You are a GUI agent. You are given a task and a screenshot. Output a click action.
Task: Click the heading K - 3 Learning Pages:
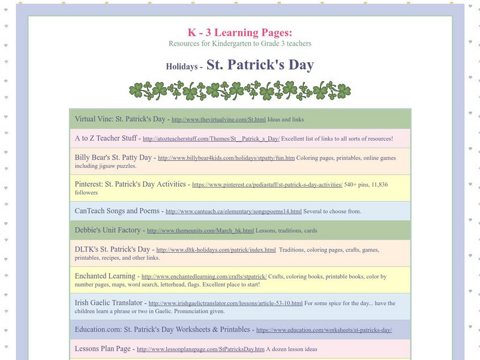tap(240, 32)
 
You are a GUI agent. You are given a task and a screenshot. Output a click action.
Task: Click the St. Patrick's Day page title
tap(260, 65)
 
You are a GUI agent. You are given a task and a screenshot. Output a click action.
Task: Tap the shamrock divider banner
tap(240, 91)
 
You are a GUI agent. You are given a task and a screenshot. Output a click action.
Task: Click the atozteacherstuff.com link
tap(211, 139)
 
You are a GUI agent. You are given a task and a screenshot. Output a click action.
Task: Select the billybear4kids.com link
tap(226, 158)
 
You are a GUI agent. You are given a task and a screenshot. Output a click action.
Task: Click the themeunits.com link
tap(200, 230)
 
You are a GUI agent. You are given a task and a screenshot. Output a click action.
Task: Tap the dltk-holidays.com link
tap(216, 250)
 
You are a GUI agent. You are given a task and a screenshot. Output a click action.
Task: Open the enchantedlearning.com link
tap(204, 277)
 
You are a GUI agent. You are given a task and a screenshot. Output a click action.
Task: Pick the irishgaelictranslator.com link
tap(226, 304)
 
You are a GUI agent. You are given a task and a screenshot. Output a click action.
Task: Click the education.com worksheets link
tap(323, 330)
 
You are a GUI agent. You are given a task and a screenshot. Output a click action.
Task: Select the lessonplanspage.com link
tap(200, 349)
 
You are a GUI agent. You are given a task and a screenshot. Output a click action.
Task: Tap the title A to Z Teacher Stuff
tap(106, 138)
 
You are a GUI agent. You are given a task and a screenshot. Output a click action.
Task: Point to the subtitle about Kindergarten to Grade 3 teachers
tap(240, 44)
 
